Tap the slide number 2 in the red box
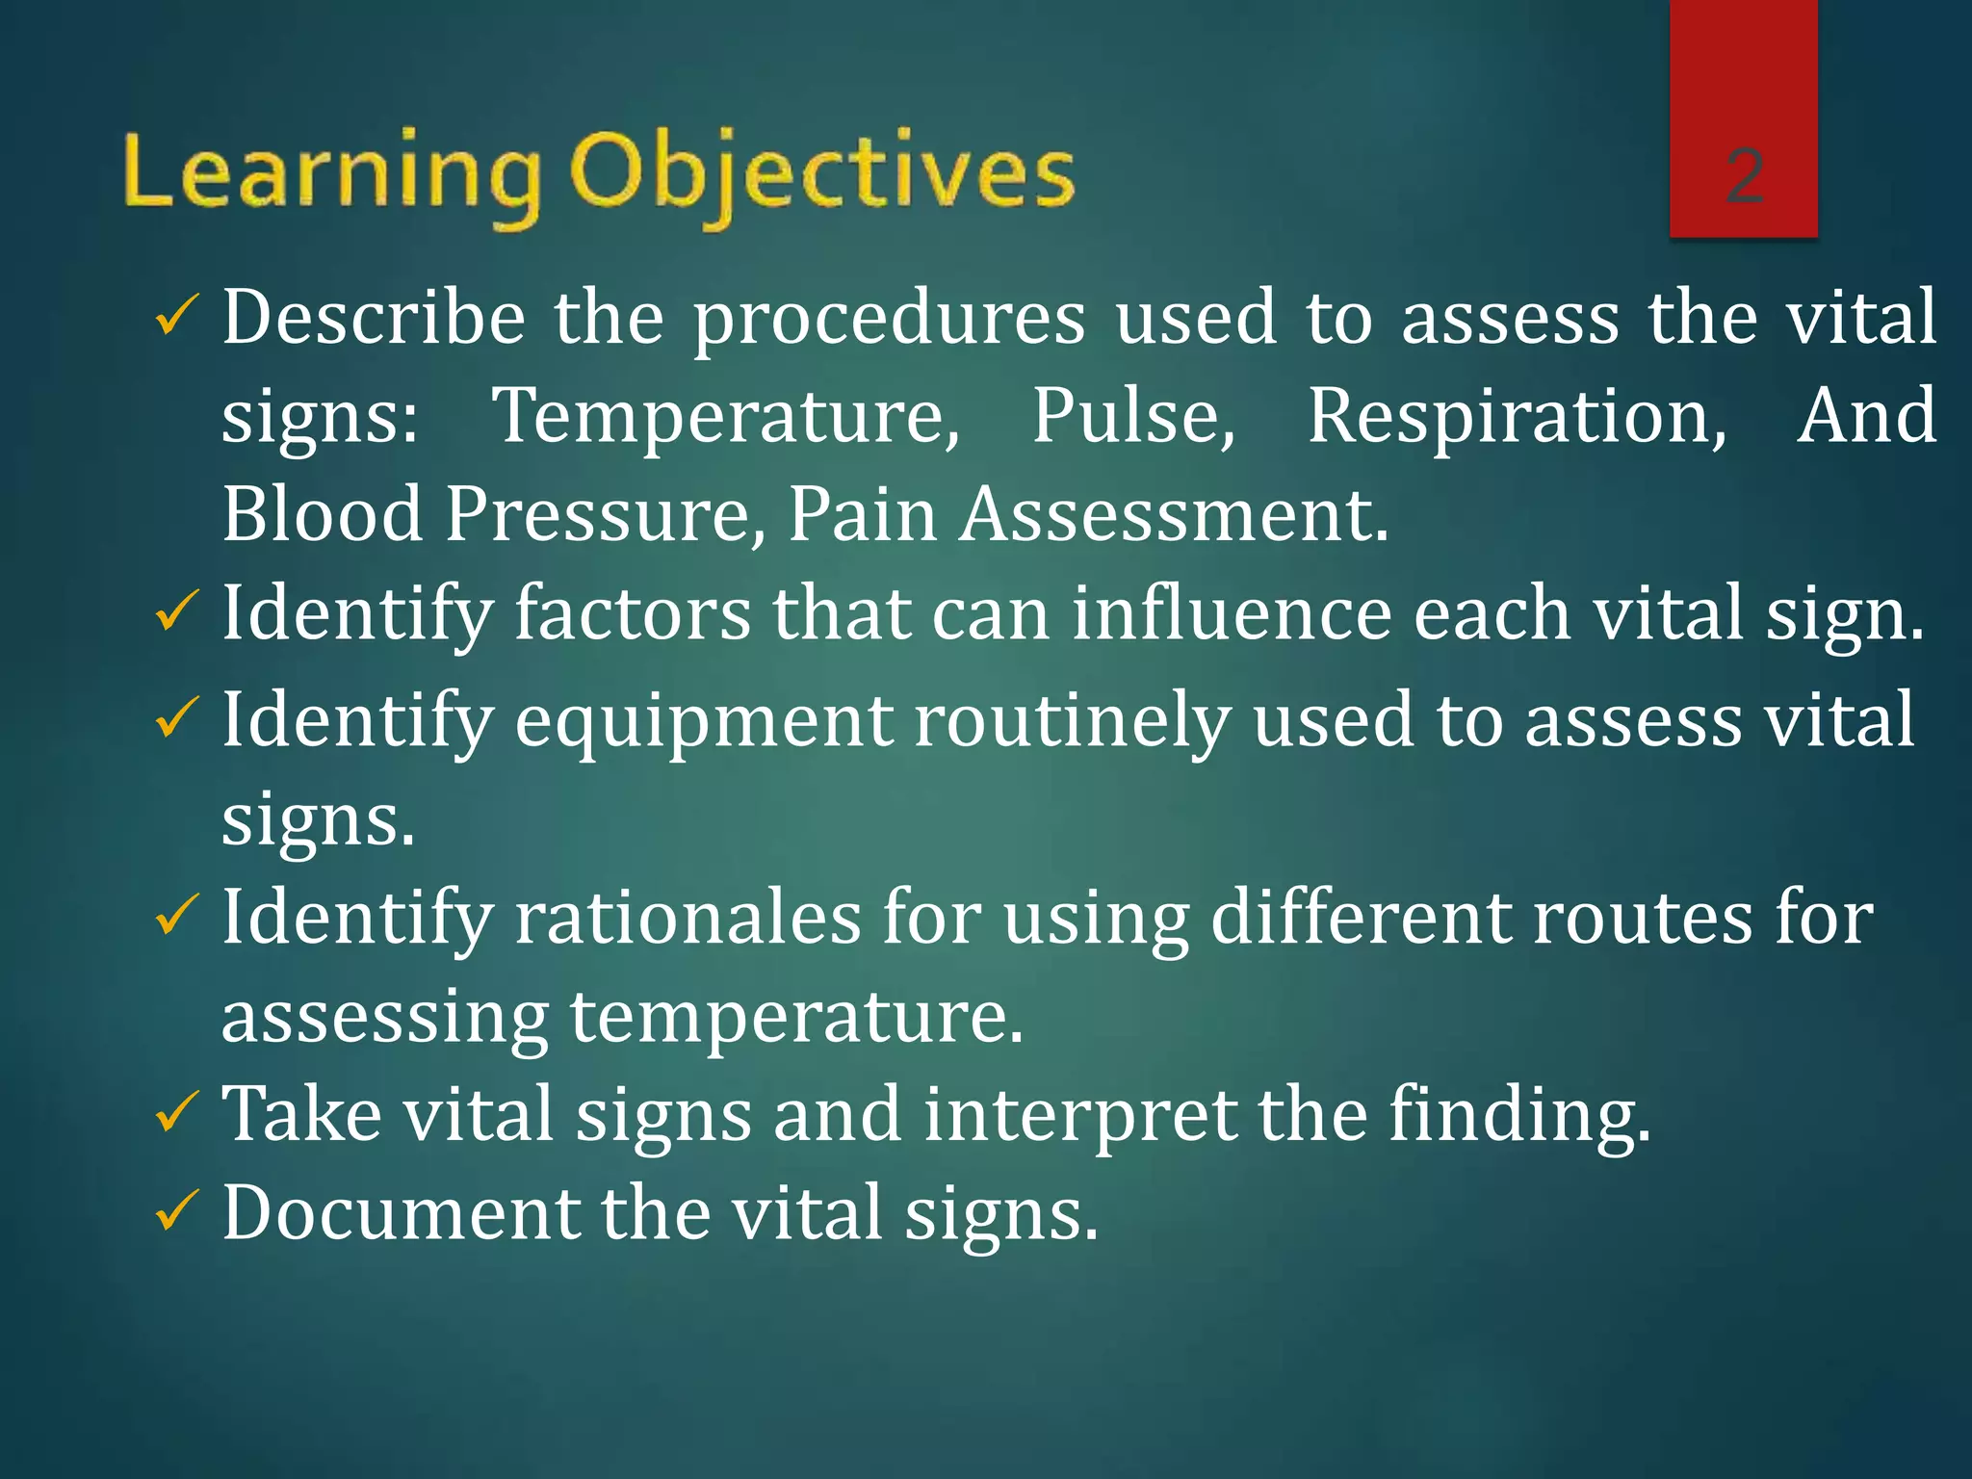click(x=1744, y=176)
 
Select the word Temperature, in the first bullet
click(x=726, y=416)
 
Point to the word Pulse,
click(x=1133, y=416)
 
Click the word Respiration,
click(x=1517, y=416)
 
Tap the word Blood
click(x=323, y=514)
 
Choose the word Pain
click(x=863, y=514)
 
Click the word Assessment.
click(x=1175, y=514)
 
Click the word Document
click(x=402, y=1212)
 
